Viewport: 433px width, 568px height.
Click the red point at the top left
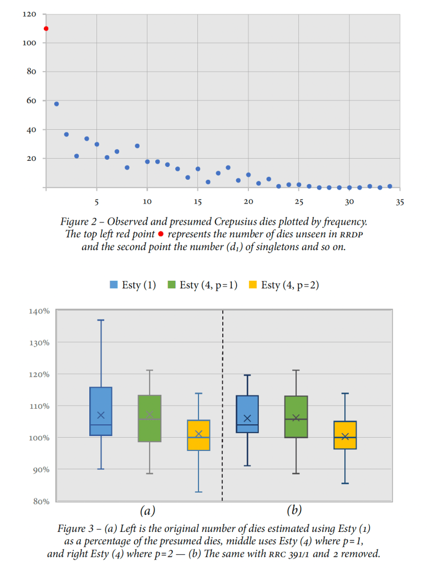click(x=46, y=29)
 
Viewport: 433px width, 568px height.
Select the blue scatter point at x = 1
click(x=56, y=104)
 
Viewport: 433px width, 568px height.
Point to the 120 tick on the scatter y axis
click(x=30, y=14)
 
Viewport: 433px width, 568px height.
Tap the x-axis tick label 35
click(x=400, y=202)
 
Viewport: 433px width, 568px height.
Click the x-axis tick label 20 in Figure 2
click(x=248, y=202)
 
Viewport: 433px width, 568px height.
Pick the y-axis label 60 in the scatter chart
click(x=32, y=100)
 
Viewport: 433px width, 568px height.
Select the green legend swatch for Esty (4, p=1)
click(x=171, y=285)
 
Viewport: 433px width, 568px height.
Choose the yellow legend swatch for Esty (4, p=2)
click(x=252, y=285)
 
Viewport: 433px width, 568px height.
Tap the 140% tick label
click(x=39, y=311)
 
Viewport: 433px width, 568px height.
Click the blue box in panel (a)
click(x=101, y=411)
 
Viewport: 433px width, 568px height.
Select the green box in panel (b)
click(x=296, y=417)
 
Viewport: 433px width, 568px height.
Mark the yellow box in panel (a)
click(x=198, y=435)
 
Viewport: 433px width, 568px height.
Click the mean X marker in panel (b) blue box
click(x=247, y=418)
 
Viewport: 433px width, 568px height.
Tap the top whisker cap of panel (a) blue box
click(x=101, y=320)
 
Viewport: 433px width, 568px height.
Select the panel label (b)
click(x=294, y=510)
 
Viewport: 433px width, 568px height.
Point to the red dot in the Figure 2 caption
click(x=161, y=234)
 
